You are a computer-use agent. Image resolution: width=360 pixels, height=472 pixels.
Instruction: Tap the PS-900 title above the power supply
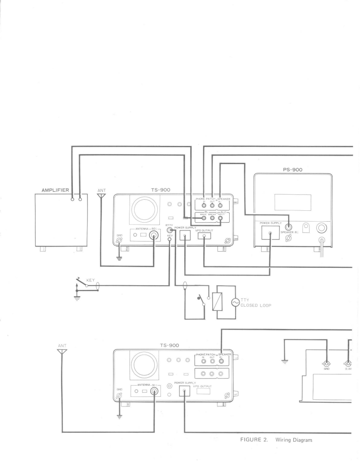point(293,170)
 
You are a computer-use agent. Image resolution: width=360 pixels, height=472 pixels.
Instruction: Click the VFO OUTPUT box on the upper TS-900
point(204,236)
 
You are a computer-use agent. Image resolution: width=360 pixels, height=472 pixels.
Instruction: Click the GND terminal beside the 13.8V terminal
point(326,364)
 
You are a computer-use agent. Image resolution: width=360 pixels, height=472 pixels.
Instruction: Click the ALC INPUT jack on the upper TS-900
point(220,218)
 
